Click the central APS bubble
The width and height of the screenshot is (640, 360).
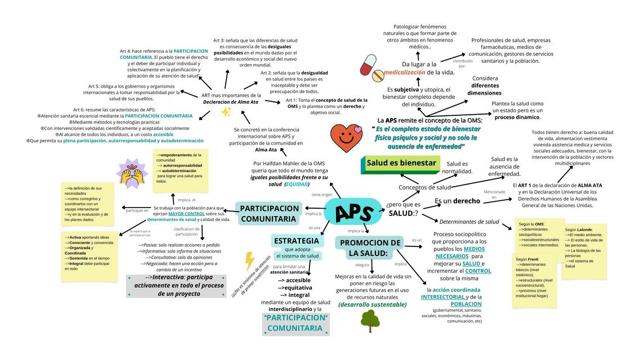(x=354, y=212)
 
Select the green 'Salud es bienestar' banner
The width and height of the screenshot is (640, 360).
(x=401, y=164)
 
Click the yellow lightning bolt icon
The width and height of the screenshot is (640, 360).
(x=249, y=260)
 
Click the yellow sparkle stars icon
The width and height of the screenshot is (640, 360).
(x=226, y=112)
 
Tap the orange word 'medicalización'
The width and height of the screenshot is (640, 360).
(x=404, y=73)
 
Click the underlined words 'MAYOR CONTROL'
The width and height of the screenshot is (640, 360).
(x=186, y=214)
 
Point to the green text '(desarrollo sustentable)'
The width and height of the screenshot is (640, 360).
(x=372, y=305)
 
